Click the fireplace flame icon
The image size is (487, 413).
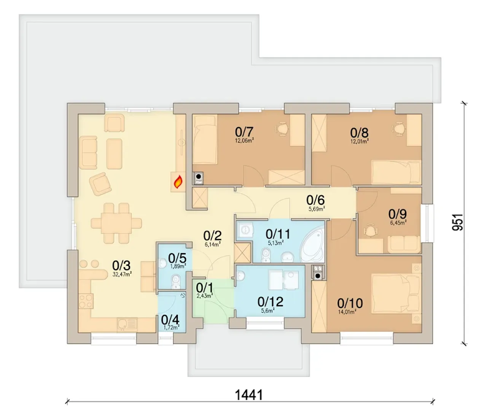178,182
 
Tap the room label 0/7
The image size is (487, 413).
244,132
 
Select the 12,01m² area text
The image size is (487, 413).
360,141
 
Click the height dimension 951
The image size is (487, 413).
458,222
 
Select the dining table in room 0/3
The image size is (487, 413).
116,223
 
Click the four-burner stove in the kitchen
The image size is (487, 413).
86,301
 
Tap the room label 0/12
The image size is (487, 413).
270,302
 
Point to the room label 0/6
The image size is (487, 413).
315,200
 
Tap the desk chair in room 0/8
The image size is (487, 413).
399,128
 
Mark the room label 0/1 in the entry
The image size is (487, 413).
204,288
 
